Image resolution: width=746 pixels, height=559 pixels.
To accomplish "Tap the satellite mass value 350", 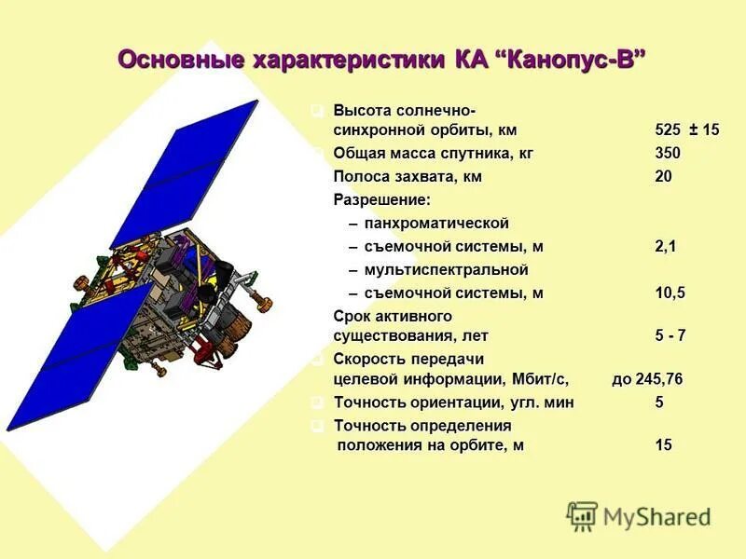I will (x=668, y=154).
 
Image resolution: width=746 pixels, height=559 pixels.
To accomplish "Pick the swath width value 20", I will (x=663, y=177).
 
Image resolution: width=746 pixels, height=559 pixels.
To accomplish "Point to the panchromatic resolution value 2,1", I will (x=666, y=247).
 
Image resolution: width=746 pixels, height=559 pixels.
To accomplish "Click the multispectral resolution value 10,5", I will (x=670, y=293).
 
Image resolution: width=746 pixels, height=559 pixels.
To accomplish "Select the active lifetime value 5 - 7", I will (x=670, y=336).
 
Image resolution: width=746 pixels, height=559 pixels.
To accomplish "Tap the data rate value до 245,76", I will (x=660, y=380).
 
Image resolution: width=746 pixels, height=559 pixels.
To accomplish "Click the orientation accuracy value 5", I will (x=659, y=403).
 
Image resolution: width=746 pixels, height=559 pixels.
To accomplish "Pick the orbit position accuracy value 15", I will (x=663, y=446).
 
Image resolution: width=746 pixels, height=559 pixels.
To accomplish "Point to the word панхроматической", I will (x=436, y=224).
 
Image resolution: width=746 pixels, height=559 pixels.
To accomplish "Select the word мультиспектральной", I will (x=446, y=270).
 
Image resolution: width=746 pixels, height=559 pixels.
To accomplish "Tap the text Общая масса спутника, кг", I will (x=433, y=154).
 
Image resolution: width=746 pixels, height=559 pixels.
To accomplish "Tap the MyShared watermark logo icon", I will (x=582, y=515).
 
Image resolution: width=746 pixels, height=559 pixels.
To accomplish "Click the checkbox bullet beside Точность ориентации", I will (x=318, y=402).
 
